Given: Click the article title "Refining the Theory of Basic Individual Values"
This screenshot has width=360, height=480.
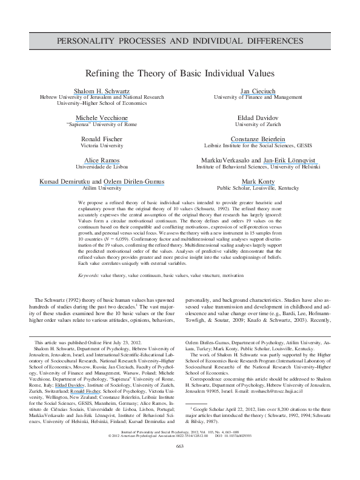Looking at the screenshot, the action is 180,73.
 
